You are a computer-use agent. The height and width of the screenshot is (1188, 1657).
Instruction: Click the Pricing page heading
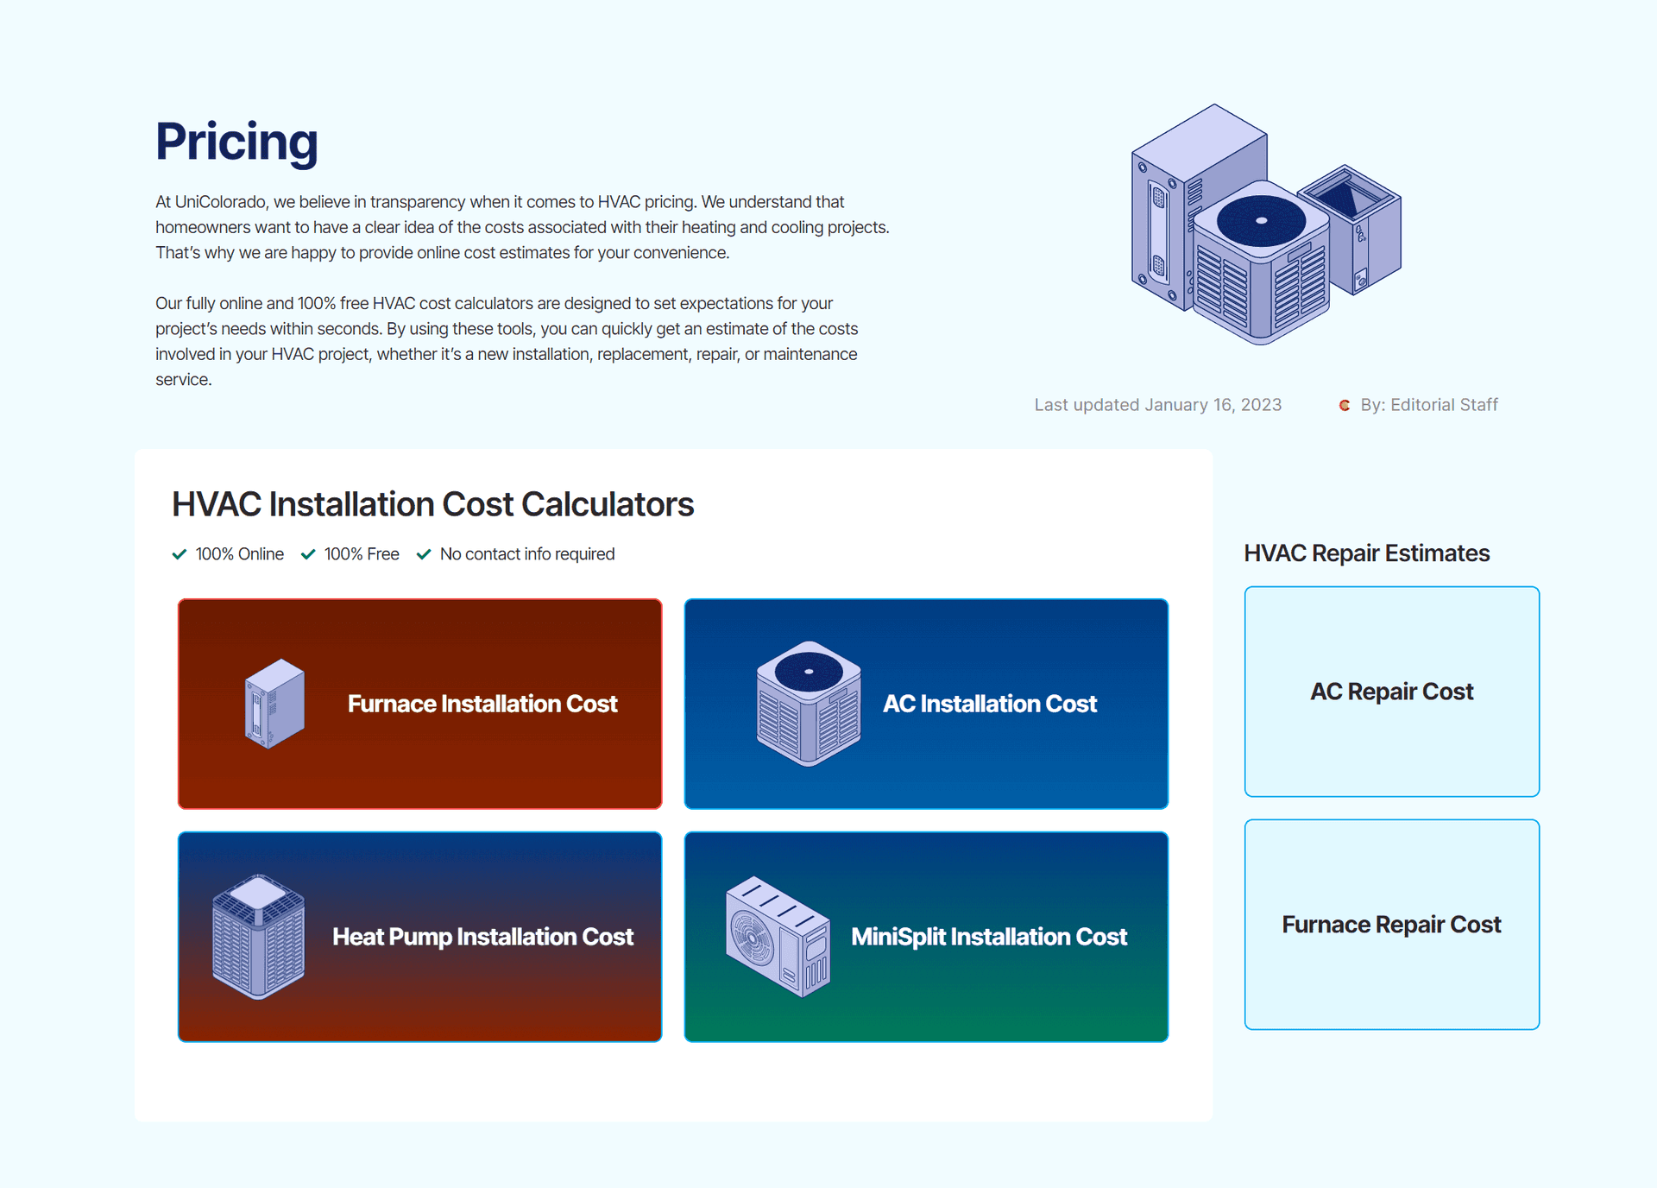236,142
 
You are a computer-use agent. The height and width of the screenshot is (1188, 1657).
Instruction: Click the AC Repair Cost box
1391,692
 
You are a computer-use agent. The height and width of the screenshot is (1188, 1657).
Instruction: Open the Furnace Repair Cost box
1391,925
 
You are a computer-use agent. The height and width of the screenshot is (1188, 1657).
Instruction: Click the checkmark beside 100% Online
180,554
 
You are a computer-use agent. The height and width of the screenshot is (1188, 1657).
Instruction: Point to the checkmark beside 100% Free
308,554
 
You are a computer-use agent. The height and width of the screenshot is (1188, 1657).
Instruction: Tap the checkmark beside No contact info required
424,554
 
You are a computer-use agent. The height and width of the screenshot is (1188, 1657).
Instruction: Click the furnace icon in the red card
274,704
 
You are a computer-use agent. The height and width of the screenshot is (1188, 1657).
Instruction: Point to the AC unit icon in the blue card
809,704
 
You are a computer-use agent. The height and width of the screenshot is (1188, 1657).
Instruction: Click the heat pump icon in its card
258,937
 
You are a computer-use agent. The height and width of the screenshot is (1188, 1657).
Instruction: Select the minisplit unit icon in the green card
778,937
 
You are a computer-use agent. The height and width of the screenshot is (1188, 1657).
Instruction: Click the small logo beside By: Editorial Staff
1344,405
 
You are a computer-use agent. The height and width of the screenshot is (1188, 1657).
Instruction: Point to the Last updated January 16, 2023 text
1157,405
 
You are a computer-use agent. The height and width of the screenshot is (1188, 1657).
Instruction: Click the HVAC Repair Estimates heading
1366,553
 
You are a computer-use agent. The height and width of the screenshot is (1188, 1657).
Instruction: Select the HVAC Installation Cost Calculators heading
432,504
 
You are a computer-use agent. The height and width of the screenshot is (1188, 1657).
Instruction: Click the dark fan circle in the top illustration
1261,220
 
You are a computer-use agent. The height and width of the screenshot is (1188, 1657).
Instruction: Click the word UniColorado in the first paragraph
220,202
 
